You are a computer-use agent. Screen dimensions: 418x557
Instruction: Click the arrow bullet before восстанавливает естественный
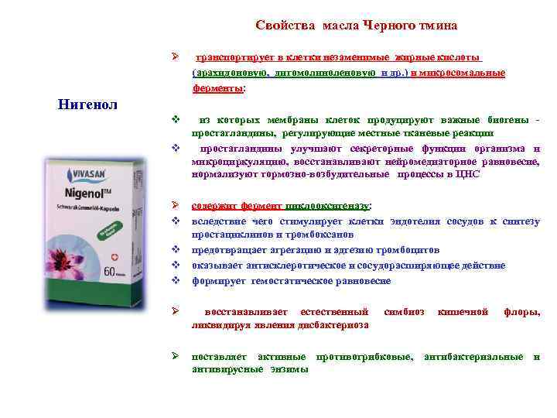(x=176, y=312)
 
